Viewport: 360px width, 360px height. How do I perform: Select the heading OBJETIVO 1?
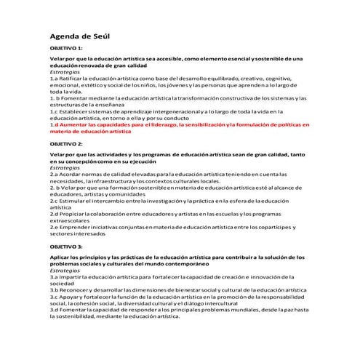(x=67, y=47)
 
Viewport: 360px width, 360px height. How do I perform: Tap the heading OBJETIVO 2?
(x=67, y=145)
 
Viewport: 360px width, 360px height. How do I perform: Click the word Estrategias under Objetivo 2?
(x=65, y=168)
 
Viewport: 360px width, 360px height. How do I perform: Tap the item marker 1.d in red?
(x=54, y=126)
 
